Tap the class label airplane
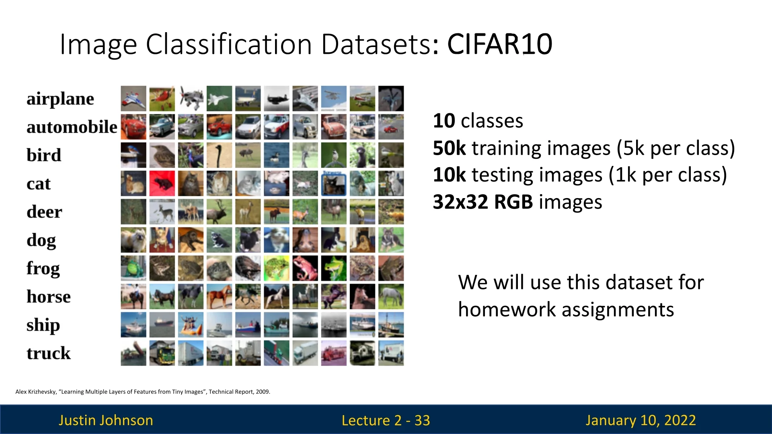[60, 99]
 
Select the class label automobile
[72, 127]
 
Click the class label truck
[49, 353]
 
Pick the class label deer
[44, 212]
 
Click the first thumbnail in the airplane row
[133, 98]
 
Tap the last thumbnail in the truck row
[391, 353]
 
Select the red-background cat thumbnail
[162, 183]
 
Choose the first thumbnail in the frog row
[133, 268]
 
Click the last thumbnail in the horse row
[391, 297]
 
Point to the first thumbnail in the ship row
[133, 325]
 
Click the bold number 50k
[449, 148]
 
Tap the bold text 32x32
[460, 202]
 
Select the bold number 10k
[449, 175]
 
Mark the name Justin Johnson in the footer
[106, 420]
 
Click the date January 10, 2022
[641, 420]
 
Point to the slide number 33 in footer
[422, 420]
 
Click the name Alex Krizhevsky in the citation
[35, 392]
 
